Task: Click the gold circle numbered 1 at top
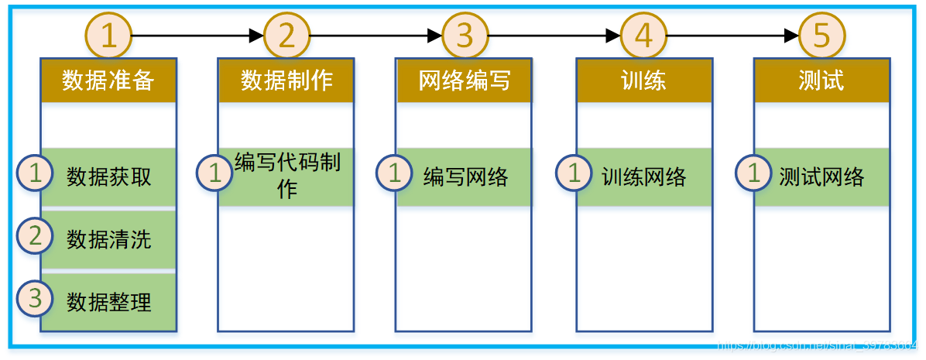pyautogui.click(x=108, y=36)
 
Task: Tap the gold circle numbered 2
pyautogui.click(x=286, y=36)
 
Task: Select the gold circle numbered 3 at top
pyautogui.click(x=465, y=36)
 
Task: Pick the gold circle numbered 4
pyautogui.click(x=643, y=36)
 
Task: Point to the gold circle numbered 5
pyautogui.click(x=821, y=36)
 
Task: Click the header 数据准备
pyautogui.click(x=108, y=81)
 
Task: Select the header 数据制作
pyautogui.click(x=286, y=81)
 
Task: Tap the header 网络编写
pyautogui.click(x=465, y=81)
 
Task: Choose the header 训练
pyautogui.click(x=643, y=81)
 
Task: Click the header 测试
pyautogui.click(x=821, y=81)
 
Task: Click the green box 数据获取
pyautogui.click(x=109, y=177)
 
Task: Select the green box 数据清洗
pyautogui.click(x=109, y=239)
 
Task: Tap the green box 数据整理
pyautogui.click(x=109, y=301)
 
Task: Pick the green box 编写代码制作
pyautogui.click(x=287, y=176)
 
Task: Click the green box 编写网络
pyautogui.click(x=465, y=177)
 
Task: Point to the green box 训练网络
pyautogui.click(x=644, y=177)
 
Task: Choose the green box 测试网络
pyautogui.click(x=822, y=177)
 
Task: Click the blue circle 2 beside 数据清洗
pyautogui.click(x=36, y=236)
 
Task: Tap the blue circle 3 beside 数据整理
pyautogui.click(x=36, y=298)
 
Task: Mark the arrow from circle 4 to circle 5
pyautogui.click(x=732, y=36)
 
